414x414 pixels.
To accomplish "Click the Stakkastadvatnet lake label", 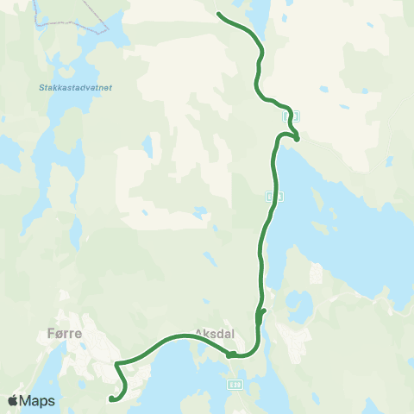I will [65, 87].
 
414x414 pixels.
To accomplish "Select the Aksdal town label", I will [215, 332].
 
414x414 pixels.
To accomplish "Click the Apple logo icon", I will [13, 400].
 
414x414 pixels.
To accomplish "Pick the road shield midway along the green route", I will [273, 197].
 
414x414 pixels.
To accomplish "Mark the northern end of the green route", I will [219, 14].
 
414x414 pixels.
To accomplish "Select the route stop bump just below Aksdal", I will [230, 354].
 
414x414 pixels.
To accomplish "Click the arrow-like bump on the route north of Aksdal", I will [262, 313].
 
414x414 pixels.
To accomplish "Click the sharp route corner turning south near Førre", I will [116, 364].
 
